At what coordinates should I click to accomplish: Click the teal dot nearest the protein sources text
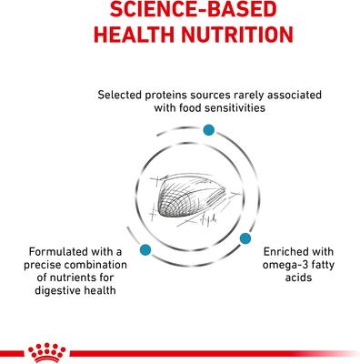(x=211, y=133)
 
